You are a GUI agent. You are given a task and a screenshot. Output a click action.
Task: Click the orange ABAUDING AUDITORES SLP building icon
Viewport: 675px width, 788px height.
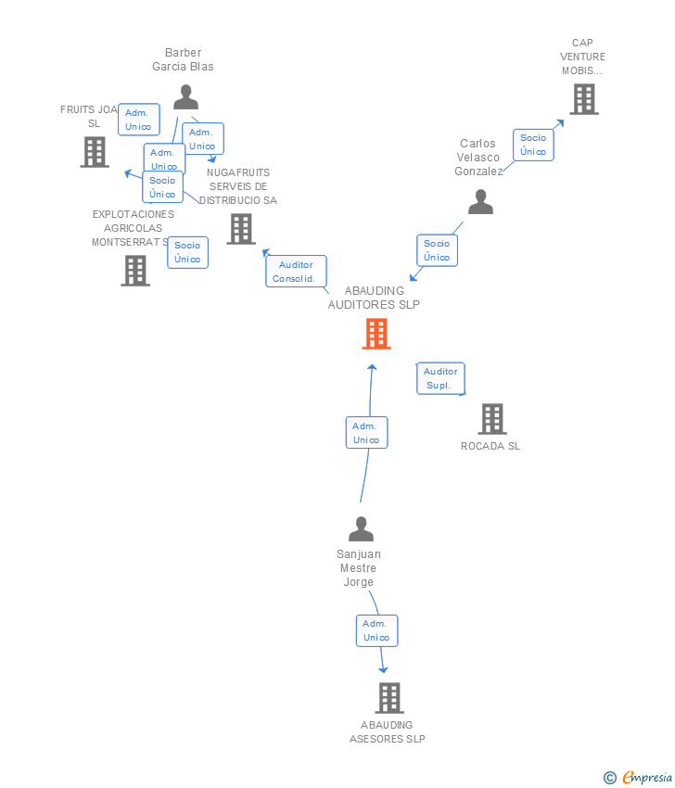[376, 334]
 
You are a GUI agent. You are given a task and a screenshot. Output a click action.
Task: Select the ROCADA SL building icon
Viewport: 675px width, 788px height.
[492, 419]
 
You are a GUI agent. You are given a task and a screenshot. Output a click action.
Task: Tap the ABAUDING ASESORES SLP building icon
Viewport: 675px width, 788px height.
[389, 698]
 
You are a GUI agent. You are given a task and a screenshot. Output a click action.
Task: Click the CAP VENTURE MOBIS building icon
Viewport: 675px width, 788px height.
[583, 99]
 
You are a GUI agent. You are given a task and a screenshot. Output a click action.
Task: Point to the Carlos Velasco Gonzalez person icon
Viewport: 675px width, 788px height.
[480, 202]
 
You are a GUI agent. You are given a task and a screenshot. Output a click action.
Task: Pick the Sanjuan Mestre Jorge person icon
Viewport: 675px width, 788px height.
[361, 529]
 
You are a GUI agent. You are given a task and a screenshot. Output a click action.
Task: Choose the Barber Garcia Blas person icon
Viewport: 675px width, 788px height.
[185, 97]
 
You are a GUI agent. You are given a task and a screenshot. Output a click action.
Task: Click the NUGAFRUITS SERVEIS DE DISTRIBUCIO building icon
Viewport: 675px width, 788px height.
[241, 229]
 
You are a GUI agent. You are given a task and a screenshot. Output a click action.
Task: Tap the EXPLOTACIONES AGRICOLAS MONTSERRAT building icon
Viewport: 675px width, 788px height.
[135, 271]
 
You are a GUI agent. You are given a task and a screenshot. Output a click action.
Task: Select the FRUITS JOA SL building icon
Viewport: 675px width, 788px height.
[95, 152]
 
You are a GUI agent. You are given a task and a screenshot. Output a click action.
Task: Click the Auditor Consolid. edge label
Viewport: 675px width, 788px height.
[296, 272]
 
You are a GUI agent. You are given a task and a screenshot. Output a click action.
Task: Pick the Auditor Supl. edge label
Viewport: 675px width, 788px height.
[440, 378]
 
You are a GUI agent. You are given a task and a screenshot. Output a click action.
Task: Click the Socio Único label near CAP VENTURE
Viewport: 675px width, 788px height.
[533, 145]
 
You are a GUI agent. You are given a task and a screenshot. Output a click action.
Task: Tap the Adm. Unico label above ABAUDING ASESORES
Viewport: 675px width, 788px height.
[376, 630]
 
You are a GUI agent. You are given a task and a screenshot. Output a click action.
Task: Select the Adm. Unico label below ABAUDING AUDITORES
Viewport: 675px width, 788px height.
[366, 433]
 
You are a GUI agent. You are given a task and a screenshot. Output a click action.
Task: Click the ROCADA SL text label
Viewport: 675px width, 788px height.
[490, 446]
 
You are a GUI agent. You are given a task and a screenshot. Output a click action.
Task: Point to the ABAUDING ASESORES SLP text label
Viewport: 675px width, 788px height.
[388, 732]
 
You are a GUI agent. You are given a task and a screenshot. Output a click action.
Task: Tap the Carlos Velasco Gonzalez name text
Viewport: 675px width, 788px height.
[478, 158]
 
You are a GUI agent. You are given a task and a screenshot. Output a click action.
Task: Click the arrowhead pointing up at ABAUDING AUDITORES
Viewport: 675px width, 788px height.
[373, 367]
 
